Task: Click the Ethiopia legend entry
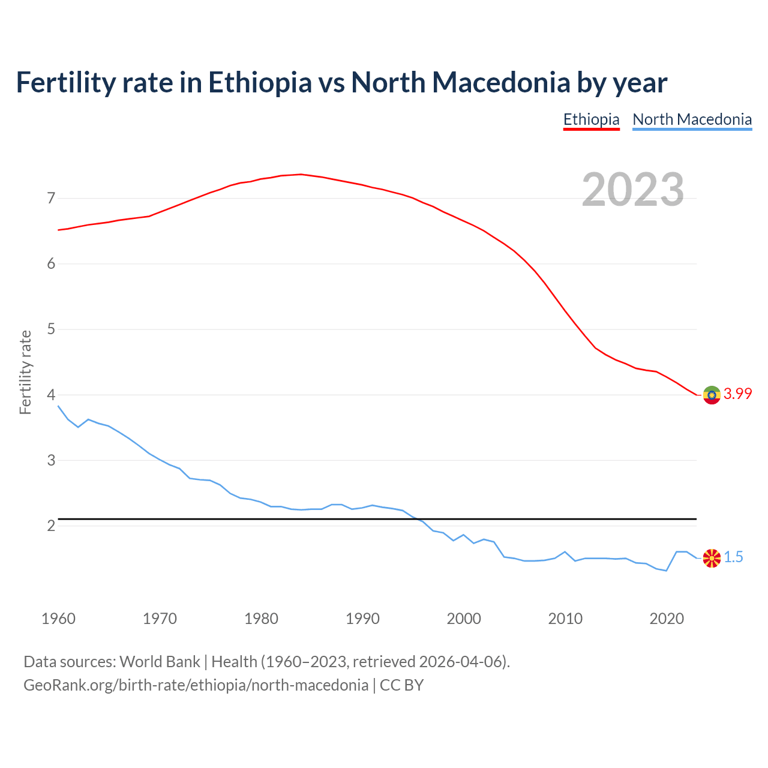(x=591, y=119)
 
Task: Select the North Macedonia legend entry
(x=692, y=119)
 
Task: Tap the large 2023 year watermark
(x=632, y=190)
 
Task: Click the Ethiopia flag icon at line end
(x=712, y=395)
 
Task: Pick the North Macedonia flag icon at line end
(x=712, y=557)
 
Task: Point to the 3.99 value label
(x=737, y=394)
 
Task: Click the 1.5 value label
(x=733, y=557)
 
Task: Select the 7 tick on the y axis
(x=51, y=198)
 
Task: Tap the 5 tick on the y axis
(x=51, y=329)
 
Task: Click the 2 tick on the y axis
(x=51, y=526)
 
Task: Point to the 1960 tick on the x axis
(x=58, y=619)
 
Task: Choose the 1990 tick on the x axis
(x=362, y=619)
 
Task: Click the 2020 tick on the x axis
(x=667, y=619)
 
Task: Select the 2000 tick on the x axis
(x=464, y=619)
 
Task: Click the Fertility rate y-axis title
(x=25, y=372)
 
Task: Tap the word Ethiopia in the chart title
(x=260, y=83)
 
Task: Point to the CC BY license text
(x=401, y=685)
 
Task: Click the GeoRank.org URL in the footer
(x=196, y=685)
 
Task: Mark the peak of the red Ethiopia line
(x=301, y=174)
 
